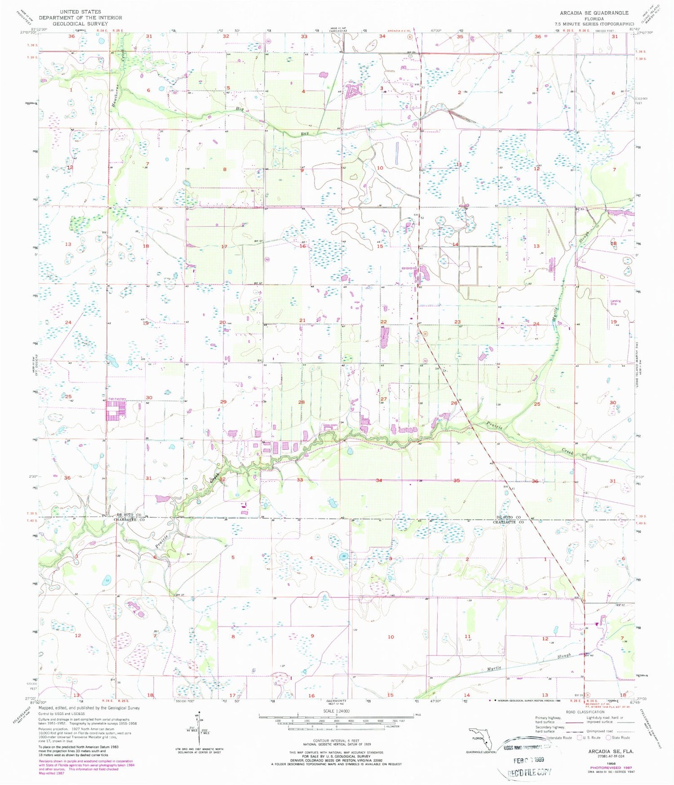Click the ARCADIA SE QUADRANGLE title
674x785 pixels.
click(x=594, y=13)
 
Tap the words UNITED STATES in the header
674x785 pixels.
click(x=80, y=12)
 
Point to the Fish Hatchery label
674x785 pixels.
click(x=117, y=399)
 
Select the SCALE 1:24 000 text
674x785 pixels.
click(x=336, y=711)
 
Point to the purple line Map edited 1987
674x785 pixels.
click(x=52, y=773)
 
